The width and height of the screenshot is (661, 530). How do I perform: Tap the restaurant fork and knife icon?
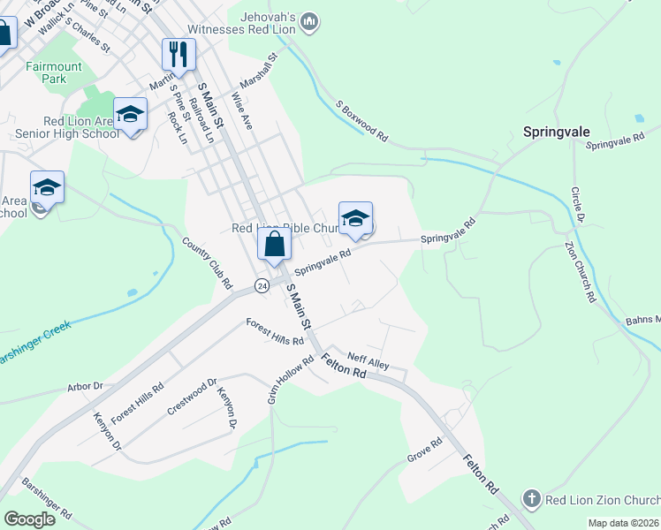[x=179, y=54]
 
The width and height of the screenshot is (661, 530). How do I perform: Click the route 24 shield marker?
[x=262, y=285]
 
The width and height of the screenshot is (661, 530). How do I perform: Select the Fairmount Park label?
[x=54, y=72]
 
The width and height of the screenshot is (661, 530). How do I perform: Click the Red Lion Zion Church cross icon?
[x=530, y=499]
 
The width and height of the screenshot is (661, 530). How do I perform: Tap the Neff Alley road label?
[x=368, y=361]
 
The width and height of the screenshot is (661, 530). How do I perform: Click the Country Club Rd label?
[x=207, y=263]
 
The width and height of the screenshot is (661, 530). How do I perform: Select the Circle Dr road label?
[x=577, y=204]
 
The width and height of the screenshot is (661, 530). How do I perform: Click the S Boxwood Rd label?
[x=361, y=121]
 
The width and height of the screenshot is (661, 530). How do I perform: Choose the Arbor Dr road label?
[x=86, y=386]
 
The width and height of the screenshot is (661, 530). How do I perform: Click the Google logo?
[x=29, y=519]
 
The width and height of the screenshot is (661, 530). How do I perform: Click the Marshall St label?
[x=264, y=68]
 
